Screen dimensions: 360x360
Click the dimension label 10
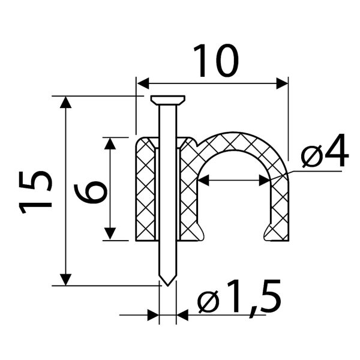click(216, 60)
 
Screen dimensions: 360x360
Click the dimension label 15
click(35, 192)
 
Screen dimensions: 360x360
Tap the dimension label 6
click(91, 192)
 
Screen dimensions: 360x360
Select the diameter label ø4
click(325, 151)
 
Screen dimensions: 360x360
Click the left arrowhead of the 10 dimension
click(143, 83)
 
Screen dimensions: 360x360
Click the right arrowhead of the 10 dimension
click(282, 83)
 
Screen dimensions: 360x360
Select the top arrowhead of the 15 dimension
click(65, 102)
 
